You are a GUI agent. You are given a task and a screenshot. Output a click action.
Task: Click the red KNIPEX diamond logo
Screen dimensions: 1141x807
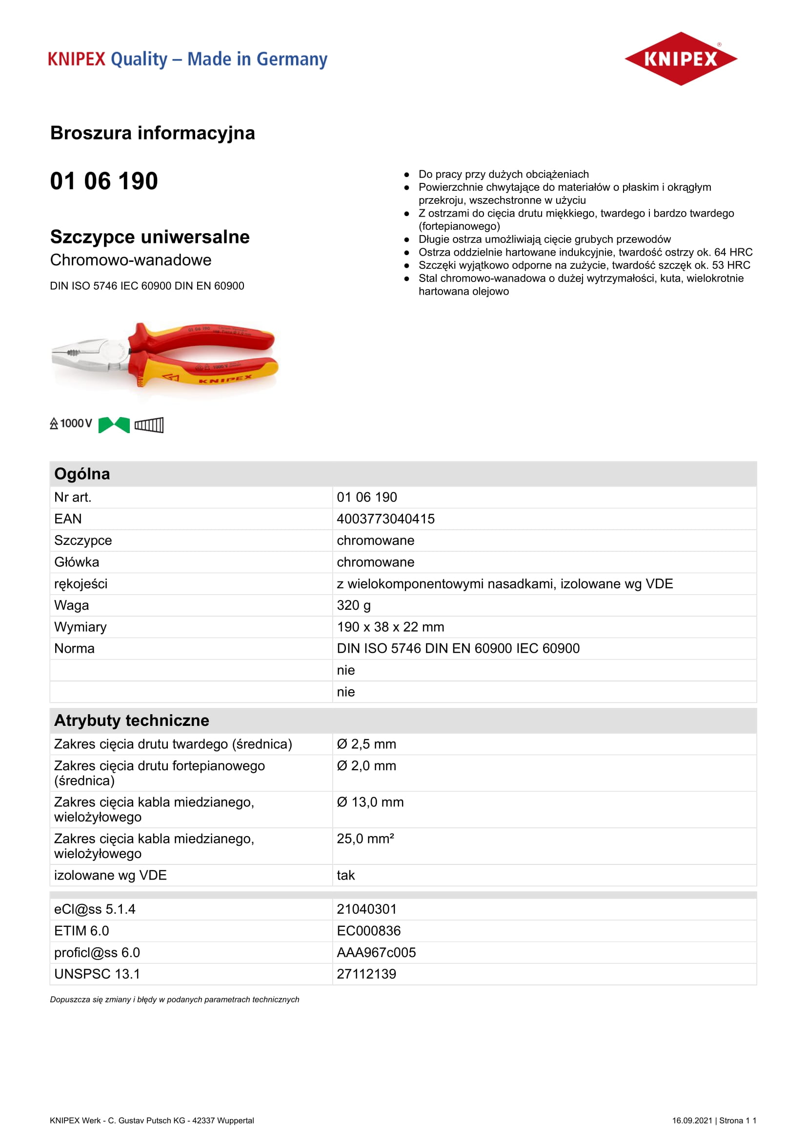point(680,59)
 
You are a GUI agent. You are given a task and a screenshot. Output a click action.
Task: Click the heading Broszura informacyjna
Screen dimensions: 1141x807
point(153,133)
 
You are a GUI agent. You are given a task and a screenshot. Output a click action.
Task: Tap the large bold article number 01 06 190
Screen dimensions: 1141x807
point(104,180)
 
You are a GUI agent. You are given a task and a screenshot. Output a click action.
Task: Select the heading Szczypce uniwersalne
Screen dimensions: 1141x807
point(150,237)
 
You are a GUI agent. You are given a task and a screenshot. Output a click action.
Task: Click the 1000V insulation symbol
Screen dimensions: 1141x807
point(71,423)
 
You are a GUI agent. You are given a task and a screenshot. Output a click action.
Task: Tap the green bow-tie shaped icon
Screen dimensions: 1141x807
point(114,425)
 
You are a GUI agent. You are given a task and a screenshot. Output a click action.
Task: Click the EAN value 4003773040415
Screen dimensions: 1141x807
point(385,519)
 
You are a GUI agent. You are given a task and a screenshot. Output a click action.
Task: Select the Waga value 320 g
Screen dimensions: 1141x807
point(353,605)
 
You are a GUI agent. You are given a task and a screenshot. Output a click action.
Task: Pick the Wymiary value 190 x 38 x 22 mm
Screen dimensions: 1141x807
point(390,627)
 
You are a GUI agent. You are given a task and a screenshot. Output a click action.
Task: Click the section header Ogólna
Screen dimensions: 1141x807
point(82,474)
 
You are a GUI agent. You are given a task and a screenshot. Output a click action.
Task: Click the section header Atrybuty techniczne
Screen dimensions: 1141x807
point(132,720)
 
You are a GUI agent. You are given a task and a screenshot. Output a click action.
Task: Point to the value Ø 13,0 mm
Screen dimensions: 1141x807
point(370,802)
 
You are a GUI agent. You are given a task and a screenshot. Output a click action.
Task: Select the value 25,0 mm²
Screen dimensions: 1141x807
point(365,839)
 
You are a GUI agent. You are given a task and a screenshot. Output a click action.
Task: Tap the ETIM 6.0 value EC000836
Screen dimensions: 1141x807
point(369,931)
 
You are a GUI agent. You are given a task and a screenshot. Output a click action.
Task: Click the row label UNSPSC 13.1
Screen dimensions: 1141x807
point(97,974)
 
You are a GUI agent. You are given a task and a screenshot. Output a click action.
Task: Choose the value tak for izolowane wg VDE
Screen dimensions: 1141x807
point(346,875)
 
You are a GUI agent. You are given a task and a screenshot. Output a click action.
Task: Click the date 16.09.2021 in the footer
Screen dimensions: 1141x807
point(692,1121)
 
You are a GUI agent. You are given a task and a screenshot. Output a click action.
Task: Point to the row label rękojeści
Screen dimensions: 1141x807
point(81,583)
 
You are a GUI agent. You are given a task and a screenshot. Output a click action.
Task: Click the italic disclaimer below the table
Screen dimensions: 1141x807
point(174,1000)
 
